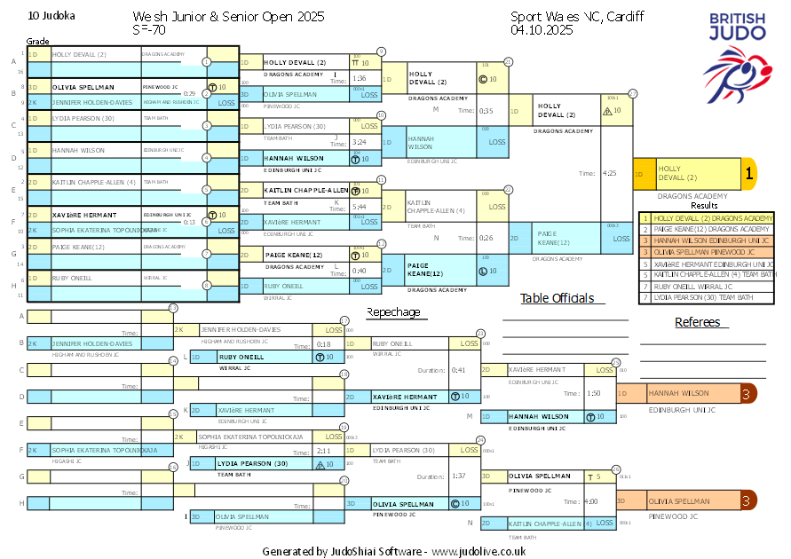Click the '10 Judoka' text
pyautogui.click(x=52, y=16)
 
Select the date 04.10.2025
pyautogui.click(x=542, y=29)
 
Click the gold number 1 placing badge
pyautogui.click(x=748, y=174)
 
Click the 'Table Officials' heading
pyautogui.click(x=557, y=298)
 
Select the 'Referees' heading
pyautogui.click(x=698, y=322)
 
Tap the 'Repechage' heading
pyautogui.click(x=393, y=311)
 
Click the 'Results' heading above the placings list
pyautogui.click(x=704, y=205)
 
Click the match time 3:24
pyautogui.click(x=359, y=142)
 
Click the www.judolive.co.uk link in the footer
pyautogui.click(x=479, y=551)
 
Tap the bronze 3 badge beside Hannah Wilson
pyautogui.click(x=748, y=393)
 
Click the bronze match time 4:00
pyautogui.click(x=591, y=501)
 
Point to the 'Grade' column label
pyautogui.click(x=37, y=41)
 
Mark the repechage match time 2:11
pyautogui.click(x=323, y=451)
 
